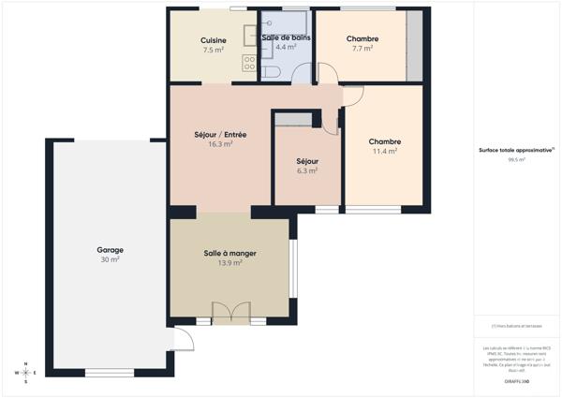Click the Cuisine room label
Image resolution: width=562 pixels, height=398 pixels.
[x=213, y=39]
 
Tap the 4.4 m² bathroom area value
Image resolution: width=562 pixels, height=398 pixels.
[x=286, y=48]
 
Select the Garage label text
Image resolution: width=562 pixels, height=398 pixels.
[x=110, y=250]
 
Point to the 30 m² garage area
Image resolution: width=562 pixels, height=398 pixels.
[x=110, y=259]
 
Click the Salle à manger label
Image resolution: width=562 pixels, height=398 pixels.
[x=229, y=254]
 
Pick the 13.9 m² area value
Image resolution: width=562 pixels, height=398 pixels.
[x=229, y=263]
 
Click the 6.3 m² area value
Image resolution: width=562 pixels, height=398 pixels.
[x=307, y=170]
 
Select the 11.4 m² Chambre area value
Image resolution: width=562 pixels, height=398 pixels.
[x=385, y=151]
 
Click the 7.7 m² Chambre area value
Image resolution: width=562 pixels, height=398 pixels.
[x=362, y=49]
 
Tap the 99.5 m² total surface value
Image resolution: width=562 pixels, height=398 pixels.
[x=516, y=160]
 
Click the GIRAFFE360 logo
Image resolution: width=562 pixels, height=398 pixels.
[x=516, y=382]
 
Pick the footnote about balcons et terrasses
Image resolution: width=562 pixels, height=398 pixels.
[x=516, y=326]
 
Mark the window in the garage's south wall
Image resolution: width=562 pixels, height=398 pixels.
[x=103, y=373]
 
